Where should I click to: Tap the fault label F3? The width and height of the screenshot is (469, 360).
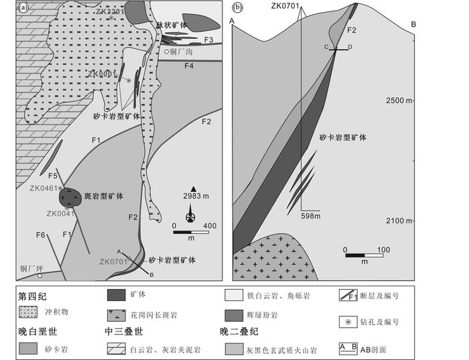click(x=209, y=40)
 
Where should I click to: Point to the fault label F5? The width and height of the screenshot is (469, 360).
click(x=52, y=176)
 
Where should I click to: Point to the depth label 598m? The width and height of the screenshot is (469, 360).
click(x=311, y=215)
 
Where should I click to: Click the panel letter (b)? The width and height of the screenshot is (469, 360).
click(x=238, y=8)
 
